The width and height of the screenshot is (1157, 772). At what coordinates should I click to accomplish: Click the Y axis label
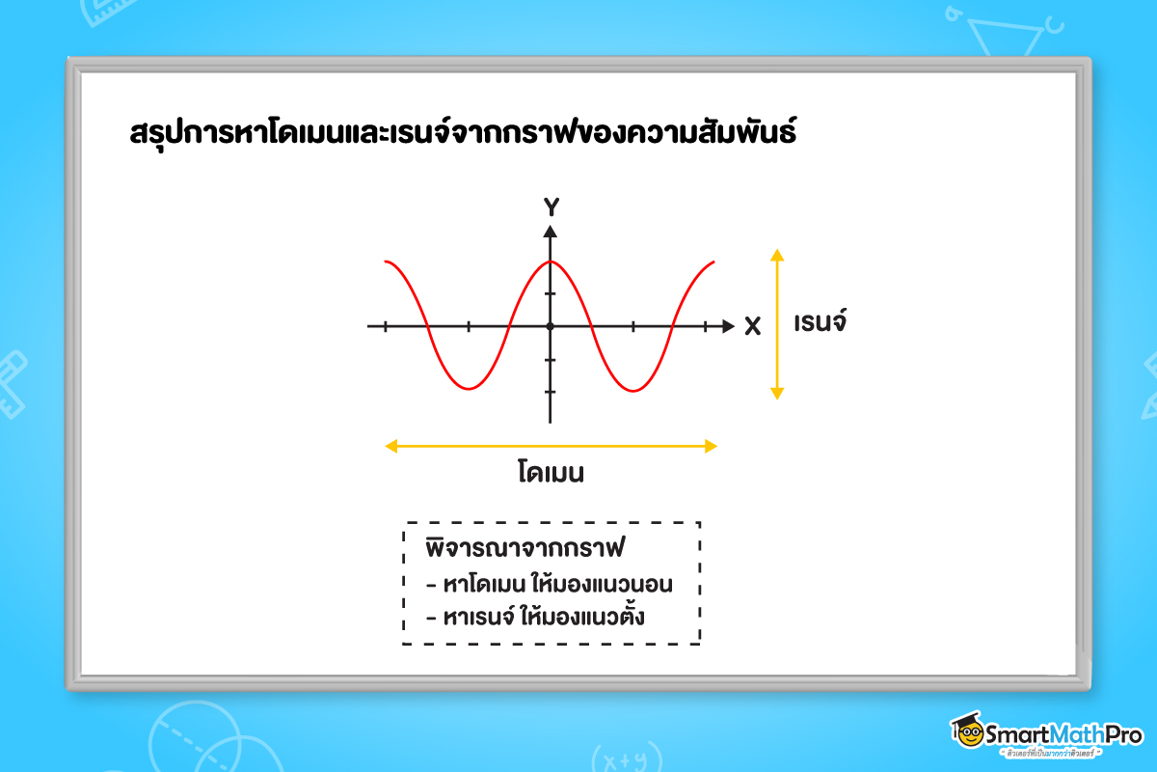[x=551, y=207]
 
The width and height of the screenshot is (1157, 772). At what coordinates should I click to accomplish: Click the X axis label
[x=753, y=327]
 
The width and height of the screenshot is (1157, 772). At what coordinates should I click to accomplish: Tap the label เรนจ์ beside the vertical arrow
[x=820, y=322]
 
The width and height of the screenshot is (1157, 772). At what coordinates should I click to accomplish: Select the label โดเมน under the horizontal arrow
[x=551, y=474]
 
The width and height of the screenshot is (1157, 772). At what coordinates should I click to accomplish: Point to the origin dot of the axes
[x=551, y=326]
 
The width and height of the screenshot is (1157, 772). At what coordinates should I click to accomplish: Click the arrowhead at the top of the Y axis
[x=551, y=232]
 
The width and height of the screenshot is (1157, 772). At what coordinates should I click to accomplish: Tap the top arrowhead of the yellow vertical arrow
[x=778, y=255]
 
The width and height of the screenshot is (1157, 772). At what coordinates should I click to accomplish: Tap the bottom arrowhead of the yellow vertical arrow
[x=778, y=393]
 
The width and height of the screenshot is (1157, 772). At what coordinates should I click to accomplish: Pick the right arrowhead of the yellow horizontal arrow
[x=712, y=446]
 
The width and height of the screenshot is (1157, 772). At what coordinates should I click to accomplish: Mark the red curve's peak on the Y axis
[x=551, y=262]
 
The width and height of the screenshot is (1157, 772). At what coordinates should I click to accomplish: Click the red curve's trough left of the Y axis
[x=468, y=389]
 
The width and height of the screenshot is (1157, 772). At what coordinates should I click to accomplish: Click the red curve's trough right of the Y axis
[x=632, y=390]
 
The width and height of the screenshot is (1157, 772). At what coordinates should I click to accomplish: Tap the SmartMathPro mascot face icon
[x=967, y=733]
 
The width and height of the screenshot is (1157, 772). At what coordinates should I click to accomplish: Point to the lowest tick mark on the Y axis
[x=551, y=392]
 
